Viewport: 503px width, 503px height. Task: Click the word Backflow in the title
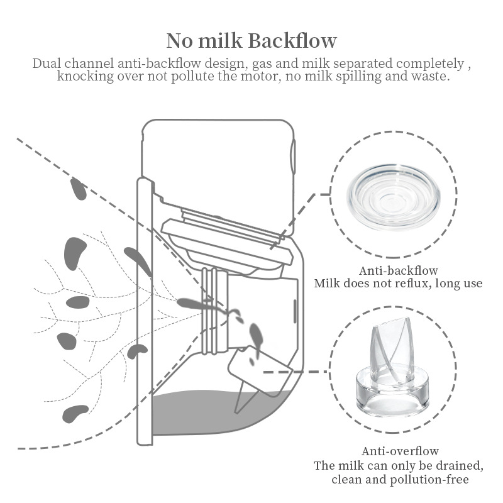[x=292, y=40]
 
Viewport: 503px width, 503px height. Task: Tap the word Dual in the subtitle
[x=47, y=64]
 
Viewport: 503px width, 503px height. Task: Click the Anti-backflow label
[x=399, y=271]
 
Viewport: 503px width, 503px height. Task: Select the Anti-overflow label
[x=400, y=451]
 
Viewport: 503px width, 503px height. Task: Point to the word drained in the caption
[x=461, y=466]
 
